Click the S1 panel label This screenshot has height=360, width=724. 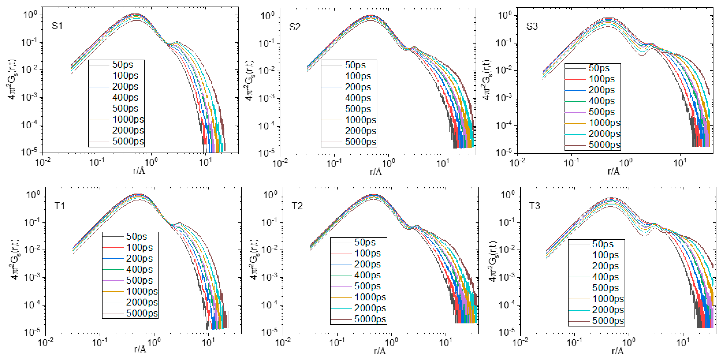click(57, 26)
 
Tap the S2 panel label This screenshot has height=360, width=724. click(295, 27)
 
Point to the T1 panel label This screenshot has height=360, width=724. click(60, 206)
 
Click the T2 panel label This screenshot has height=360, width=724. click(297, 206)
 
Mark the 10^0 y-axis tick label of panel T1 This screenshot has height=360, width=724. click(33, 195)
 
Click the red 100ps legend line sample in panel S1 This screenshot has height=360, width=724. click(99, 76)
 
